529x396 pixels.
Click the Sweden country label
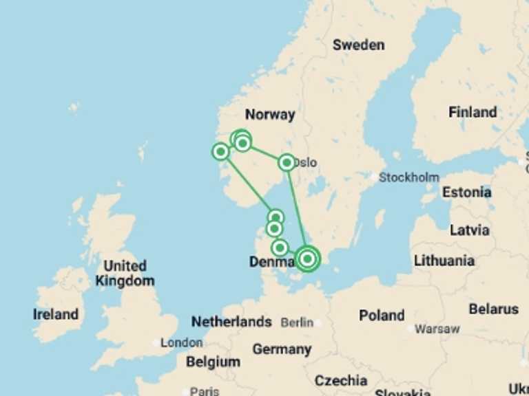(358, 45)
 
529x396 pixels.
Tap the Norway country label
(270, 115)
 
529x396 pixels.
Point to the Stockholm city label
(408, 177)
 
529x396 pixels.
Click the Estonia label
(466, 192)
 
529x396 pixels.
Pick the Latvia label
(469, 230)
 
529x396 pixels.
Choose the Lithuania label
(444, 261)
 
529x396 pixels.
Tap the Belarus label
(493, 309)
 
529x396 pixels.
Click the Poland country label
(382, 316)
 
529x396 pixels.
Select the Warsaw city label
(437, 329)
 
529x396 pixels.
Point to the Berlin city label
(297, 322)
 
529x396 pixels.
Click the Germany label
(282, 349)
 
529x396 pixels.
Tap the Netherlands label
(231, 322)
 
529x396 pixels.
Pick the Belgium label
(213, 362)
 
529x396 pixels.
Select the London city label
(181, 342)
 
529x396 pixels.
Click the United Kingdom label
(125, 273)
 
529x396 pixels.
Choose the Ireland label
(56, 314)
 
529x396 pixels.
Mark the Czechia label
(341, 380)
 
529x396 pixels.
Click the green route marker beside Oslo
(287, 162)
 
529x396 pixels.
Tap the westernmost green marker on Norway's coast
(220, 151)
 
